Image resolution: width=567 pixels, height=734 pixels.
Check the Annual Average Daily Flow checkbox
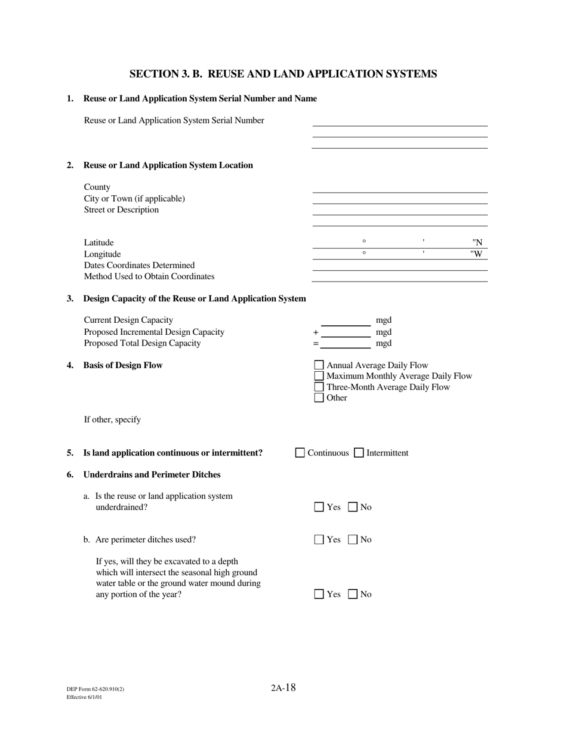[319, 365]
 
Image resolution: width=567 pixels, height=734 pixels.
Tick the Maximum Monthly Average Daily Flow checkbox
[319, 376]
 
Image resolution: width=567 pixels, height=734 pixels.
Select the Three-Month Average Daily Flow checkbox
[319, 387]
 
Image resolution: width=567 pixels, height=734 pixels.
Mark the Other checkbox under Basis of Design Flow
[319, 398]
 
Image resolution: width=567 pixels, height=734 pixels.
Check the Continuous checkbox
[300, 453]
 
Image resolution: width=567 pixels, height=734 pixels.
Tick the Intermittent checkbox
[359, 453]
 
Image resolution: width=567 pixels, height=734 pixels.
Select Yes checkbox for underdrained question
[319, 507]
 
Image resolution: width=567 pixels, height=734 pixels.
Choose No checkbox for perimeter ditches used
[353, 540]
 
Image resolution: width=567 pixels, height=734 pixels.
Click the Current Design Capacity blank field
[346, 321]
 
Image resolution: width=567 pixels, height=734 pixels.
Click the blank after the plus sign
[346, 332]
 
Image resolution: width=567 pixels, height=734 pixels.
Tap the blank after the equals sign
[346, 344]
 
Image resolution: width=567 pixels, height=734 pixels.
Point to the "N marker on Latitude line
[477, 243]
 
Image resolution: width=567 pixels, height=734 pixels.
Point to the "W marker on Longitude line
[476, 254]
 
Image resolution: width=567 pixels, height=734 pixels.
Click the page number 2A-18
[283, 687]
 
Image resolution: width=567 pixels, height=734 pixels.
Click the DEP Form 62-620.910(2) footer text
[95, 689]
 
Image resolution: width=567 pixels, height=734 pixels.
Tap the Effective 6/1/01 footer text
[84, 697]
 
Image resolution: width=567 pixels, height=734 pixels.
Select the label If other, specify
[112, 420]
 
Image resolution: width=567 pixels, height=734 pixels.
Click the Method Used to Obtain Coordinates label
[149, 276]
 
